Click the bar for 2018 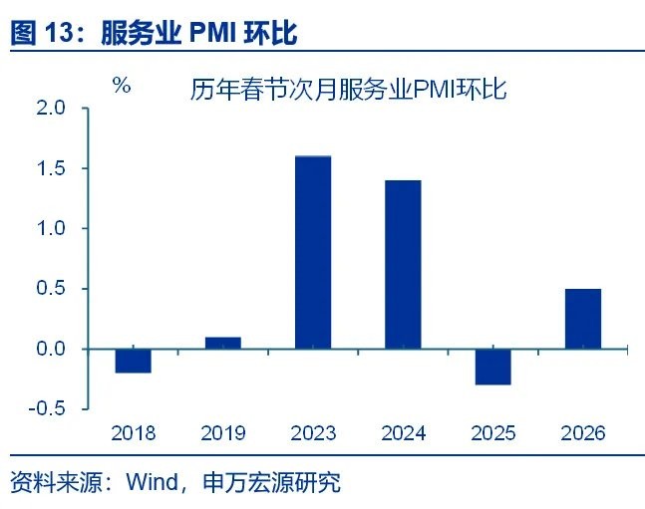pyautogui.click(x=133, y=361)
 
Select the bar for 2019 pyautogui.click(x=222, y=344)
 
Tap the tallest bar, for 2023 pyautogui.click(x=313, y=252)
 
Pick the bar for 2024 pyautogui.click(x=403, y=264)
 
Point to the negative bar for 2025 pyautogui.click(x=492, y=367)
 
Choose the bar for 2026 pyautogui.click(x=583, y=319)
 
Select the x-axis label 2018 pyautogui.click(x=133, y=433)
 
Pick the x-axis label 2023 pyautogui.click(x=313, y=433)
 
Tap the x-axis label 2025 pyautogui.click(x=492, y=433)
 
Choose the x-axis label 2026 pyautogui.click(x=583, y=433)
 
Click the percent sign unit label pyautogui.click(x=122, y=86)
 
